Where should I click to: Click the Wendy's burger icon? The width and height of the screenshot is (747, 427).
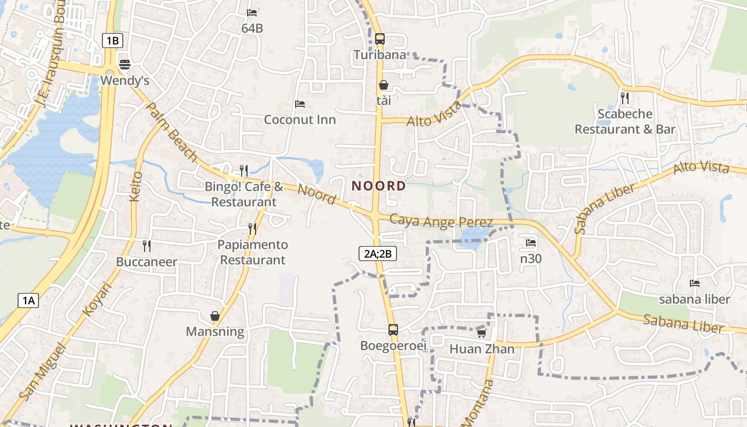[125, 65]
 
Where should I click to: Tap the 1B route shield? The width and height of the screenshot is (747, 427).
[112, 41]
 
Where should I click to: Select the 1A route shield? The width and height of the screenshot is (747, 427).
[28, 301]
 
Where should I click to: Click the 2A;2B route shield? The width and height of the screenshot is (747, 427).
[378, 254]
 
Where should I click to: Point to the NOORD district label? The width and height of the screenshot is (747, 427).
[379, 186]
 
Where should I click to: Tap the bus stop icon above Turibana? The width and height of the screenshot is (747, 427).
[380, 39]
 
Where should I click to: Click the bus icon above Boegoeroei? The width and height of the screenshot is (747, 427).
[393, 329]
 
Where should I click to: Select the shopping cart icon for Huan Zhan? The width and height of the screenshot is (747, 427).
[481, 333]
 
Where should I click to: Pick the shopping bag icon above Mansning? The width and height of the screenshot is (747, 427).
[214, 316]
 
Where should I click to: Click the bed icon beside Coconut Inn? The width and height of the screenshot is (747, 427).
[300, 104]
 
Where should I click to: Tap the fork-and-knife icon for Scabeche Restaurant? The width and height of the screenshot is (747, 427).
[625, 98]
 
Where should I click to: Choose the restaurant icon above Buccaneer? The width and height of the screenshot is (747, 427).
[147, 246]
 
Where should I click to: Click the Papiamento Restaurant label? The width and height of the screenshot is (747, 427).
[253, 252]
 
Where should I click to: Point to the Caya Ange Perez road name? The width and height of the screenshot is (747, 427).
[441, 220]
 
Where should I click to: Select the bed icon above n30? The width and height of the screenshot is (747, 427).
[530, 242]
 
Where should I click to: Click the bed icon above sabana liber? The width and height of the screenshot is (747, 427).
[694, 283]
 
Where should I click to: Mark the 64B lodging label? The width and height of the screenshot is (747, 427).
[252, 28]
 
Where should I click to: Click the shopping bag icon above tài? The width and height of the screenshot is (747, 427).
[383, 85]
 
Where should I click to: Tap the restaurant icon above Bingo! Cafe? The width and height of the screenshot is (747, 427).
[244, 170]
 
